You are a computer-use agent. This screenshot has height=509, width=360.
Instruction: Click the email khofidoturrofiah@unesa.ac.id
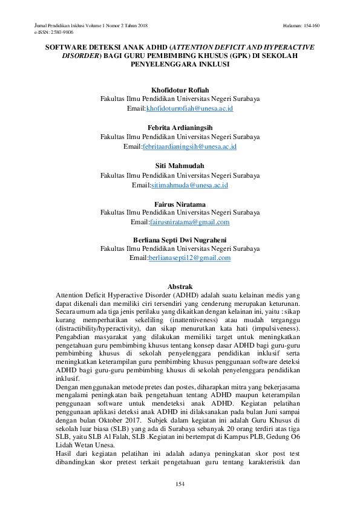pyautogui.click(x=189, y=108)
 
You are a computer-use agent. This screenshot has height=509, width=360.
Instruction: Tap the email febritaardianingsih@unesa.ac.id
pyautogui.click(x=189, y=147)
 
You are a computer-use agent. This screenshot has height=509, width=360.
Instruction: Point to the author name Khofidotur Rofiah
pyautogui.click(x=180, y=90)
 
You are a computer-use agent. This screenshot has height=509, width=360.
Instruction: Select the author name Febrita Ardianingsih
pyautogui.click(x=180, y=128)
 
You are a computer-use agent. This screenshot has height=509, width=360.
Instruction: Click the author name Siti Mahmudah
pyautogui.click(x=180, y=166)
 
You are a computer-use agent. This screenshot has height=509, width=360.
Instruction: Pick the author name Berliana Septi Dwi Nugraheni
pyautogui.click(x=180, y=240)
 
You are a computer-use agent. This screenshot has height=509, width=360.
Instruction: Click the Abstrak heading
pyautogui.click(x=180, y=286)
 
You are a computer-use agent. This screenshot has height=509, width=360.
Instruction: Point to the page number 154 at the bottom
pyautogui.click(x=180, y=484)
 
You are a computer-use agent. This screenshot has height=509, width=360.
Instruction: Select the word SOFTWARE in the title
pyautogui.click(x=64, y=47)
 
